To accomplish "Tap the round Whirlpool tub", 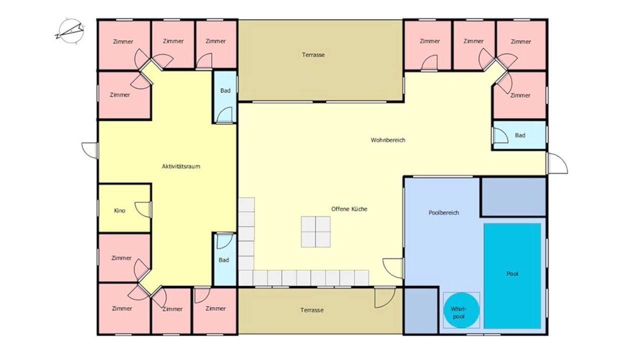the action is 461,310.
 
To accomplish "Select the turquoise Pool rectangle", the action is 512,275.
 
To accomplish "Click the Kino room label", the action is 119,210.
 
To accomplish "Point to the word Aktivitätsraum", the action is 181,166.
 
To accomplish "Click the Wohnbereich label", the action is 388,140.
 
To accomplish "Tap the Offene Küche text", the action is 349,209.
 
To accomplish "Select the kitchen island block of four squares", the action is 315,231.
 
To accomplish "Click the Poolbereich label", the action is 443,212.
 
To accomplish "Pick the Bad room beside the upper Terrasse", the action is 225,96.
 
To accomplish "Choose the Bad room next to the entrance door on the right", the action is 519,135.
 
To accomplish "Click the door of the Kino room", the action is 143,209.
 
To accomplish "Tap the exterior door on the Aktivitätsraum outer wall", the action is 90,150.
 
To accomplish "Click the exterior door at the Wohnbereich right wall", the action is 557,163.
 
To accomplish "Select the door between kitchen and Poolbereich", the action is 393,268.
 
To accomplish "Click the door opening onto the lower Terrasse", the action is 385,297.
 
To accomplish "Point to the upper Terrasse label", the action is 313,54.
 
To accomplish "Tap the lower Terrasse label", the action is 312,310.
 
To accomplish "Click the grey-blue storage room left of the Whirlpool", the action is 421,310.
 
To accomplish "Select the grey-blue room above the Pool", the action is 513,196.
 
